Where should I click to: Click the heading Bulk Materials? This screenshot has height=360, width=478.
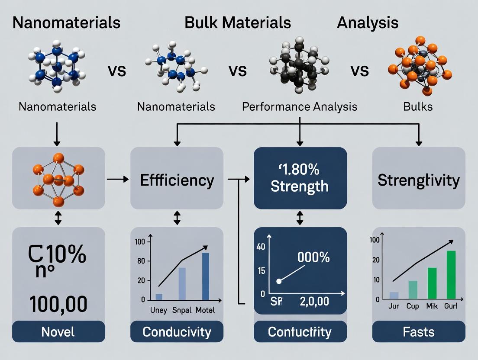point(237,22)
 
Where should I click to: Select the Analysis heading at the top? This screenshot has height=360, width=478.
point(368,22)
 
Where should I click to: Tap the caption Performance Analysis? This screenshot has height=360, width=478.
point(300,106)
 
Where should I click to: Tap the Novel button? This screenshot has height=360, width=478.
point(58,332)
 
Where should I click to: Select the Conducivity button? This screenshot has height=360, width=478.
point(177,332)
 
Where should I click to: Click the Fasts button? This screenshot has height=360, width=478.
point(419,332)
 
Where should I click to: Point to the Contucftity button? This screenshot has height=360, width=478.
point(300,332)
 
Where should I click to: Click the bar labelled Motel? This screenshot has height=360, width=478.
point(205,276)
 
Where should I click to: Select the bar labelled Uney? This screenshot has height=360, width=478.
point(159,297)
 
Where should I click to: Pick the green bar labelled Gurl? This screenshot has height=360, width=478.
point(451,275)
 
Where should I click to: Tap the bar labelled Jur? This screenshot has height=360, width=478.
point(394,296)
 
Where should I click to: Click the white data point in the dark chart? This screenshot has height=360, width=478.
point(279,281)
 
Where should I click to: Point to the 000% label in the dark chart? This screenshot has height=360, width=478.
point(313,257)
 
